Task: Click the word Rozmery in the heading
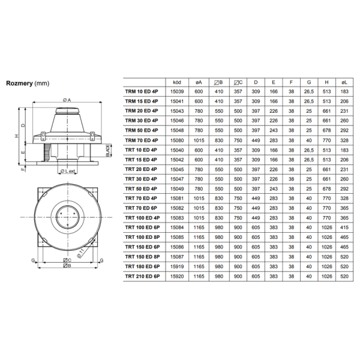point(19,83)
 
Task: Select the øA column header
point(199,82)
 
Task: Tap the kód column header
point(177,82)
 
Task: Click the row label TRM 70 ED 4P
point(142,140)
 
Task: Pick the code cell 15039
point(177,92)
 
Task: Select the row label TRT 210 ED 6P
point(143,277)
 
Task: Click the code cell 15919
point(177,266)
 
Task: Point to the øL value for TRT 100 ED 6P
point(344,227)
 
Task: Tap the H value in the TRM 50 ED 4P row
point(327,130)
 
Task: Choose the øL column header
point(344,82)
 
